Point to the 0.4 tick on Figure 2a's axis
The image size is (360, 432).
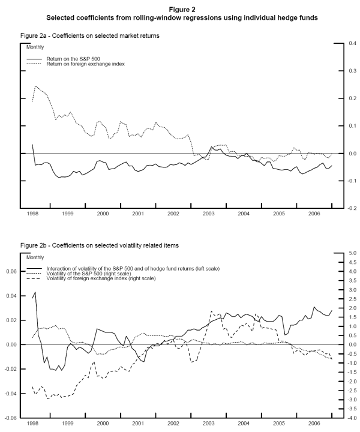[x=353, y=43]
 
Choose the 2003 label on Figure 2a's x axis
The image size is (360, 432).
[x=209, y=213]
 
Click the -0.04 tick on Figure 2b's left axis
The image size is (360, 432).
[x=12, y=394]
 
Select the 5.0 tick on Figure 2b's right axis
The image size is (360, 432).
[x=353, y=254]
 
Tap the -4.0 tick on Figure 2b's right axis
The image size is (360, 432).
[x=353, y=418]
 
